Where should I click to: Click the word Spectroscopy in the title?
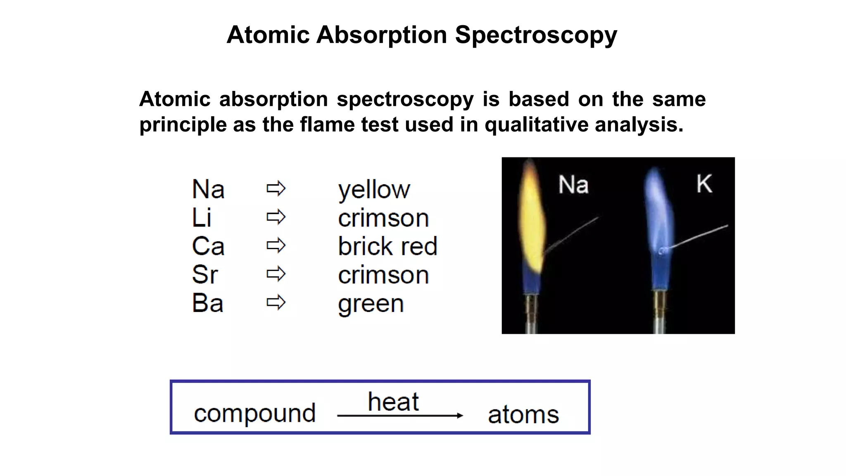click(x=536, y=35)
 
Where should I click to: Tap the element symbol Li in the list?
click(x=202, y=217)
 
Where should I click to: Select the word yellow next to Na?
click(x=374, y=190)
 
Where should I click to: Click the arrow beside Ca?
click(x=276, y=246)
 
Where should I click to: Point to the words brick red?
click(x=387, y=246)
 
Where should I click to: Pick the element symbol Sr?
click(x=204, y=274)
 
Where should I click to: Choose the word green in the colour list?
click(x=371, y=304)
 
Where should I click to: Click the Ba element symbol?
click(x=207, y=303)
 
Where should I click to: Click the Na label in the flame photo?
click(x=573, y=184)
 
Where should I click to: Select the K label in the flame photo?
click(x=704, y=183)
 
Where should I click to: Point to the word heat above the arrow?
click(x=393, y=402)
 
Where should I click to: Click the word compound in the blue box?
click(x=255, y=413)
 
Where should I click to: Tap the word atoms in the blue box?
click(x=523, y=414)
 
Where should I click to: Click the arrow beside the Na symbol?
click(x=276, y=189)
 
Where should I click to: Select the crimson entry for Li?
click(x=383, y=218)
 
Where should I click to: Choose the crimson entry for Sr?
click(x=383, y=275)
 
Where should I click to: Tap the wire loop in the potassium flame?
click(x=663, y=250)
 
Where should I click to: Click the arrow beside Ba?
click(x=276, y=302)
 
